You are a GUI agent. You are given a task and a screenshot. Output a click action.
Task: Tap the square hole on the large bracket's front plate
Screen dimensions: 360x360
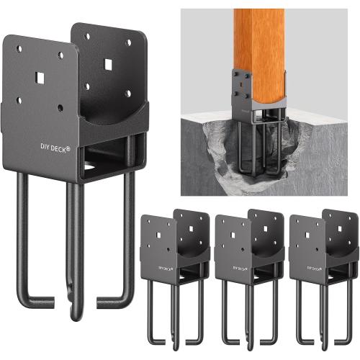[x=38, y=74]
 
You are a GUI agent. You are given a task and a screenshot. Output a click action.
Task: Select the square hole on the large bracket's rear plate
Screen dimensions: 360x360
[x=108, y=65]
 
